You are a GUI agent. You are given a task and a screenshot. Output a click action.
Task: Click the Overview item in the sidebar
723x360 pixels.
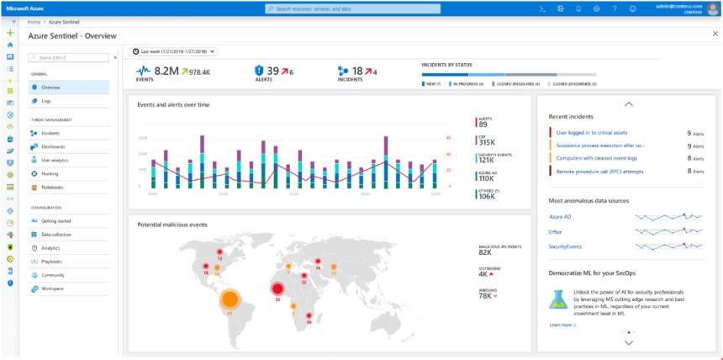coord(50,87)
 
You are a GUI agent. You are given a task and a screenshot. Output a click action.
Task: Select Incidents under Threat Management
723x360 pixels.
coord(51,133)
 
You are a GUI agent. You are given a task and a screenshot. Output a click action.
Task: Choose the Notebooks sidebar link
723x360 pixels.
coord(52,187)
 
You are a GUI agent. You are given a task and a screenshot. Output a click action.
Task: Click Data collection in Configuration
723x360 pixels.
coord(55,234)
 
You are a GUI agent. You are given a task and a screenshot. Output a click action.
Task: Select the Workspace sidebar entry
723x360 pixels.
coord(52,289)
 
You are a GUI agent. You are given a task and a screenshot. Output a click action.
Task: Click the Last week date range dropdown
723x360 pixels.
coord(173,51)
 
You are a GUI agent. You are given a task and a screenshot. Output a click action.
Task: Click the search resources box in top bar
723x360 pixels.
coord(361,8)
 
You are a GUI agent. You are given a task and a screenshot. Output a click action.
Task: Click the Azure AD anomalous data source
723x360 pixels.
coord(560,216)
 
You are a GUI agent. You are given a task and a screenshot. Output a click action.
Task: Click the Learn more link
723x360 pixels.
coord(562,324)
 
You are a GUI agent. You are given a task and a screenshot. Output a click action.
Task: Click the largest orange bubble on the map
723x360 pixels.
coord(230,299)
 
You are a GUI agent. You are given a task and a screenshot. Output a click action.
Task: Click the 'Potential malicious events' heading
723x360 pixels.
coord(173,225)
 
